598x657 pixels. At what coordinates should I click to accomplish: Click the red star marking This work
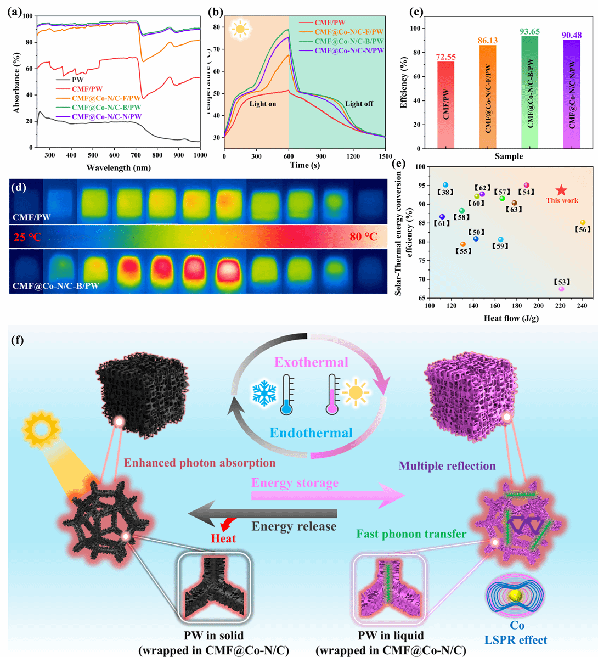click(x=561, y=190)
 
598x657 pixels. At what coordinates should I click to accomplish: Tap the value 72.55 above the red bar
click(x=446, y=57)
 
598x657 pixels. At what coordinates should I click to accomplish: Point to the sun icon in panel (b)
click(x=240, y=30)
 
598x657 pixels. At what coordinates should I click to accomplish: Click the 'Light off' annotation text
click(x=359, y=104)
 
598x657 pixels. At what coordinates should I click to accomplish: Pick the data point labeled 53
click(x=561, y=289)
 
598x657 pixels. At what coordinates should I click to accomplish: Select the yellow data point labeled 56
click(x=583, y=222)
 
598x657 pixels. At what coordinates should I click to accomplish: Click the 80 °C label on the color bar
click(x=364, y=237)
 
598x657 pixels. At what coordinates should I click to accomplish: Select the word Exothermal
click(x=311, y=362)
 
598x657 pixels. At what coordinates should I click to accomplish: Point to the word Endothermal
click(x=311, y=433)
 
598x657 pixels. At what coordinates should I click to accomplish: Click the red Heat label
click(x=224, y=539)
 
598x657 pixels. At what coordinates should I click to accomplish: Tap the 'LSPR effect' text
click(x=515, y=639)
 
